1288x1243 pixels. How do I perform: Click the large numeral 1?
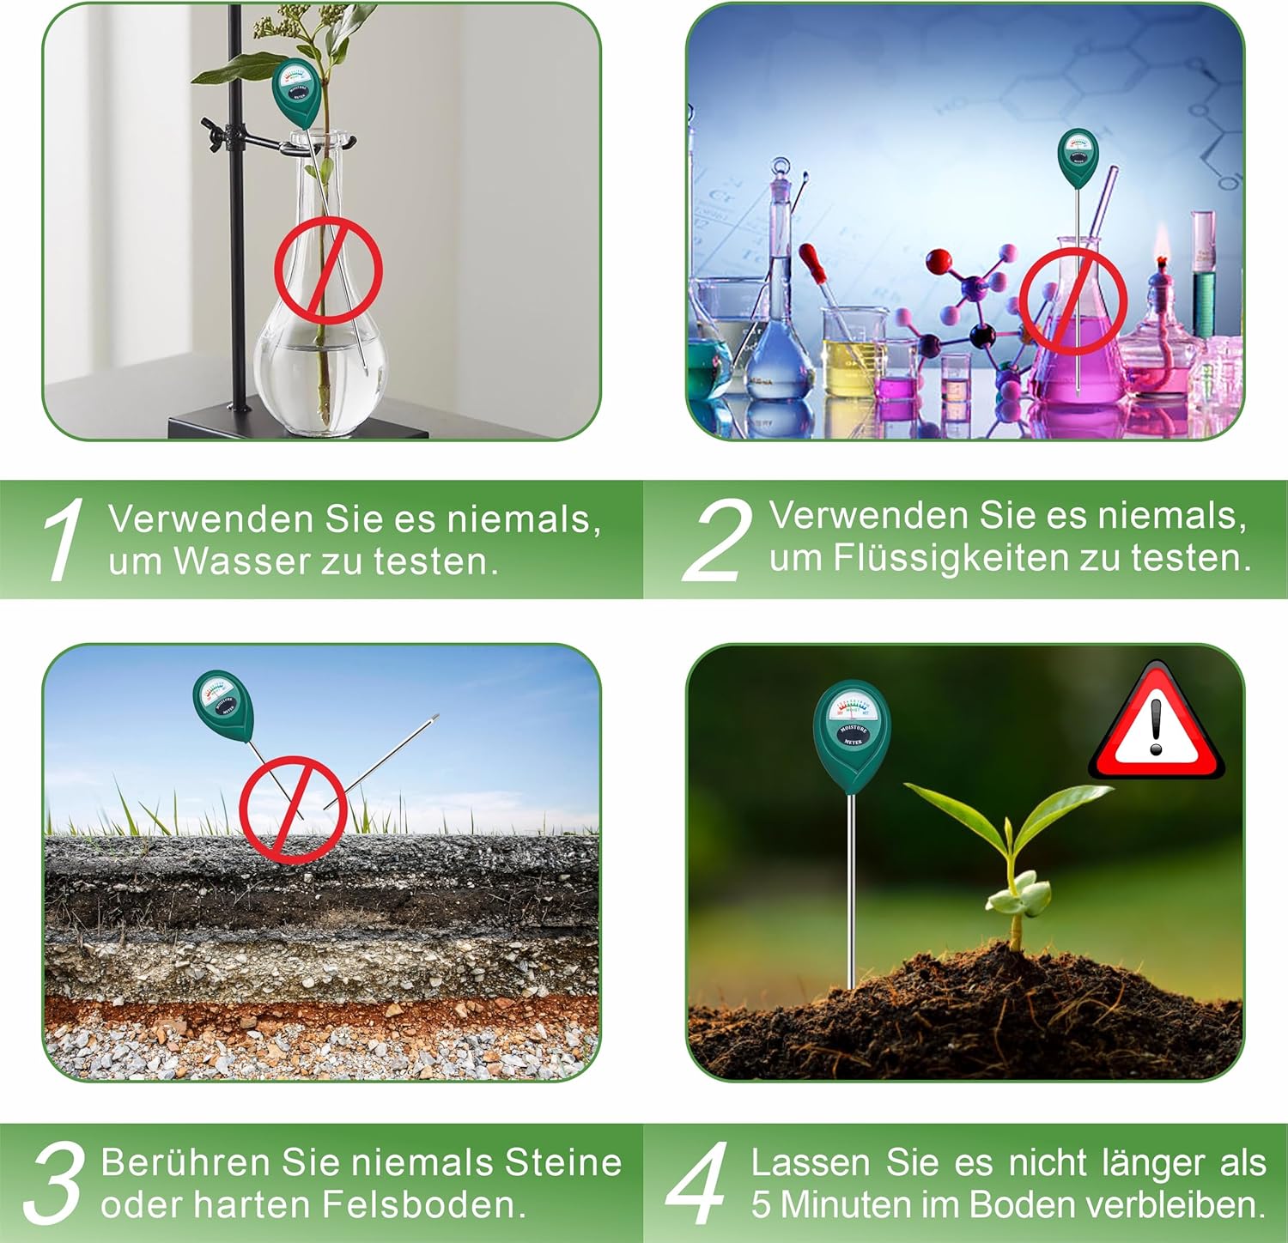point(63,539)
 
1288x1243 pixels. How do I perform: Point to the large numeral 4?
point(697,1183)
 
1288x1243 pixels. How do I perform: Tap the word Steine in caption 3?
point(563,1162)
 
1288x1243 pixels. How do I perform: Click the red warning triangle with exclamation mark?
point(1157,723)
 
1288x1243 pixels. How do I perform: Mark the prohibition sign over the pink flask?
point(1072,301)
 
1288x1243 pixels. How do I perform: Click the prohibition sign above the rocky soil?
point(293,809)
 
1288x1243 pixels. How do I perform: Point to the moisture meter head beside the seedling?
point(852,737)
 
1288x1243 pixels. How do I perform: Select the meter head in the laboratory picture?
point(1078,158)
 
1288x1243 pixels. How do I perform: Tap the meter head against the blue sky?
point(223,706)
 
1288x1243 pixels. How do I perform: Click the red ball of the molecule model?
point(939,260)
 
